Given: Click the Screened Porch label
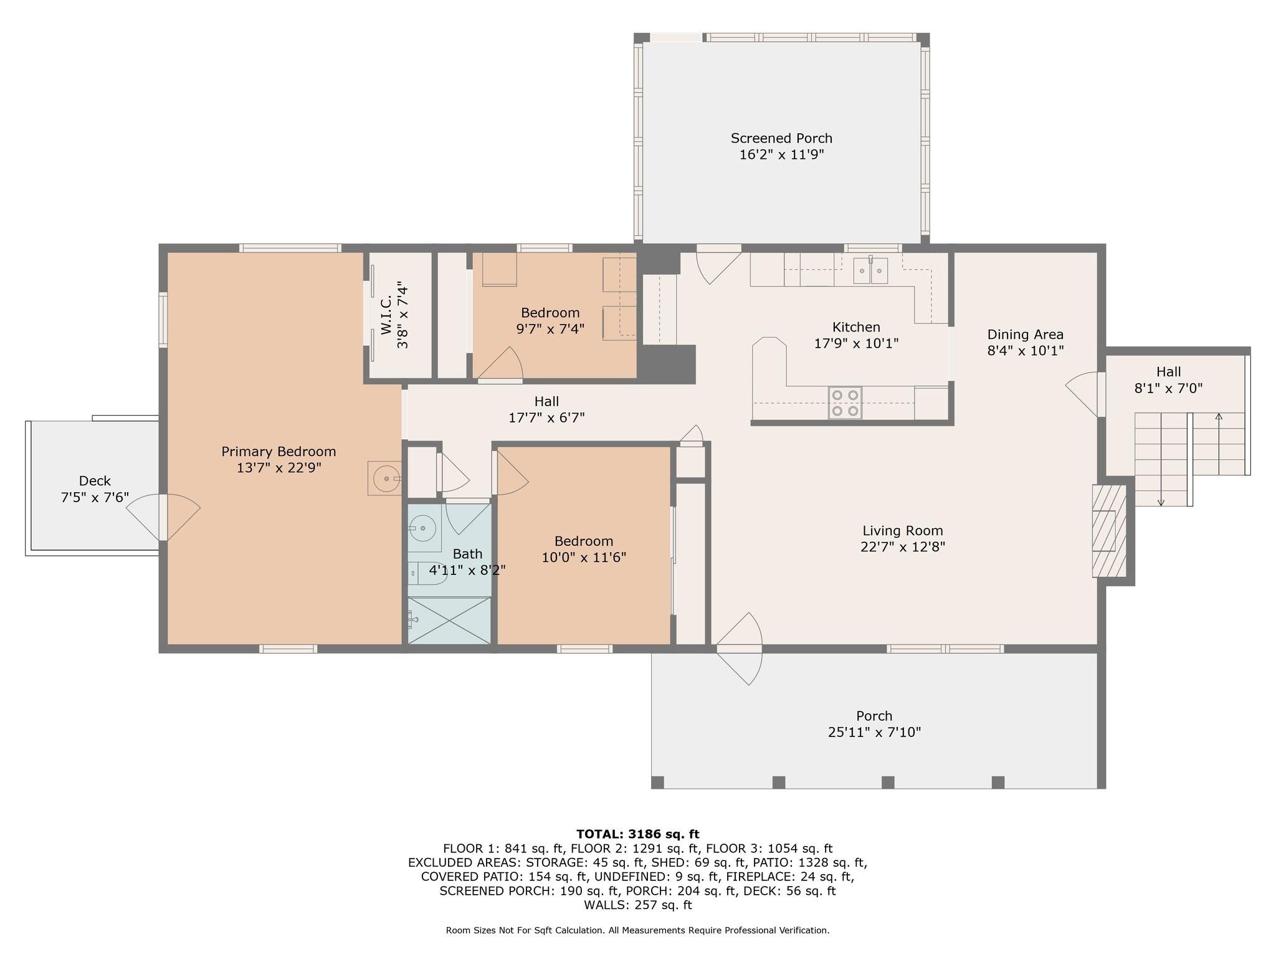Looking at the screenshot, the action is (x=781, y=138).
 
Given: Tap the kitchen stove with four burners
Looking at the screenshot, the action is (x=845, y=402).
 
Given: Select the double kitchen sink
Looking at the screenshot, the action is (x=870, y=270).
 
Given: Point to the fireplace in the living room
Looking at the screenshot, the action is (x=1110, y=531).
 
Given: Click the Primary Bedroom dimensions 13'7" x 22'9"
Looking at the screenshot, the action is (x=279, y=468).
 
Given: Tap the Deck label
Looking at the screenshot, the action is (x=95, y=481).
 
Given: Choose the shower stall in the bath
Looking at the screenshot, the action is (x=449, y=621).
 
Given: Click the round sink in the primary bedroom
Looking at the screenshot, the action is (x=385, y=478).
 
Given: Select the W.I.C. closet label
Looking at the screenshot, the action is (x=385, y=315).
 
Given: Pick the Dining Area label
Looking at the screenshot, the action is (x=1026, y=335).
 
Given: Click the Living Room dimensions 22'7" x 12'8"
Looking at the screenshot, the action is (x=903, y=547).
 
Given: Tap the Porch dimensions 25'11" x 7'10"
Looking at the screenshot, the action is (x=874, y=732).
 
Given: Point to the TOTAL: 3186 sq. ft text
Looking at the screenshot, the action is (x=638, y=834).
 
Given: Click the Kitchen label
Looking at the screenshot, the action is (x=856, y=327).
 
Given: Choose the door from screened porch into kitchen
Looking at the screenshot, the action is (x=718, y=264).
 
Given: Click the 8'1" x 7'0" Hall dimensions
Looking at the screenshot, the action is (x=1168, y=388).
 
